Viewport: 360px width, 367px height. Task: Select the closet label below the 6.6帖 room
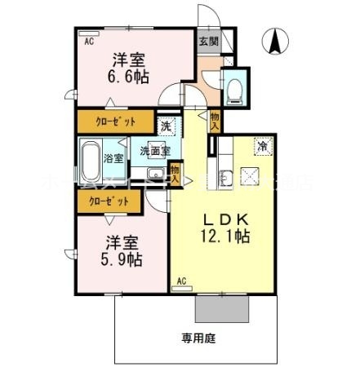point(117,124)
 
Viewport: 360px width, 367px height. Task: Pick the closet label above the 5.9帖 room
point(104,200)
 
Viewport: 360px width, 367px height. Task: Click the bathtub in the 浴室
point(91,157)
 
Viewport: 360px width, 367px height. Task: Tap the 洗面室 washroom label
point(153,150)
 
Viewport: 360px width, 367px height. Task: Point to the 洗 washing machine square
point(166,126)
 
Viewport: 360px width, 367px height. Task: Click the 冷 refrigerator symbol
point(263,147)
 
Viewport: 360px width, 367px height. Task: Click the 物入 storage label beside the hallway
point(215,122)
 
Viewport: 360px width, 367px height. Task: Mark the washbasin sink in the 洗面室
point(152,172)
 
